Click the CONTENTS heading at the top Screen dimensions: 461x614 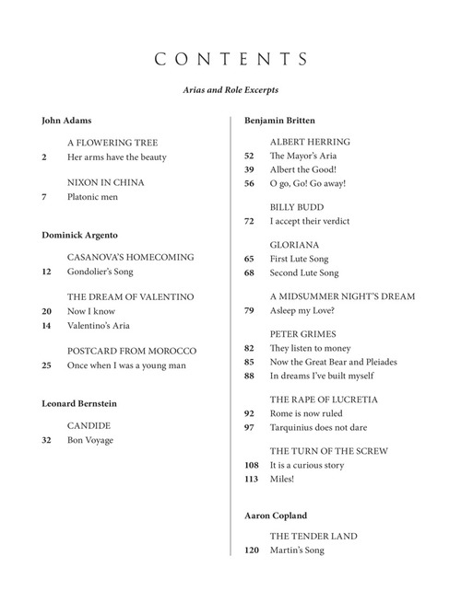230,60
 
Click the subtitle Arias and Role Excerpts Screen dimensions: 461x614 230,91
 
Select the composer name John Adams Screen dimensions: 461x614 66,121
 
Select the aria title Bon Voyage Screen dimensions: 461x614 89,441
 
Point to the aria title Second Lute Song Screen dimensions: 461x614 304,273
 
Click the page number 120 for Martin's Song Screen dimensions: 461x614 252,550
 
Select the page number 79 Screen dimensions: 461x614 249,310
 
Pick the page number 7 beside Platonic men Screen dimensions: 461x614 44,197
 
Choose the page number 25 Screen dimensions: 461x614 47,365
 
